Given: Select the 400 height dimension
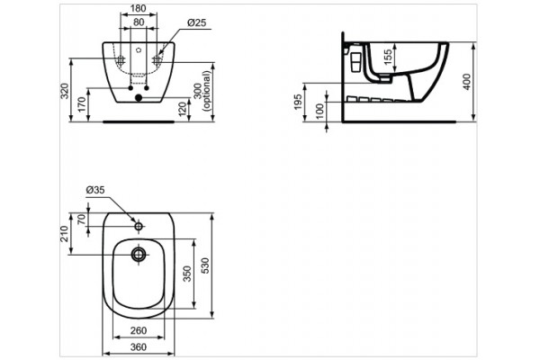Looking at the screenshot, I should [466, 81].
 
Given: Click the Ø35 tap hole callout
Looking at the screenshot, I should [95, 190].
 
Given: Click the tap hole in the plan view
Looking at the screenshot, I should [139, 221].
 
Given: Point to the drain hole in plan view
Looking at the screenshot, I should [139, 254].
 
